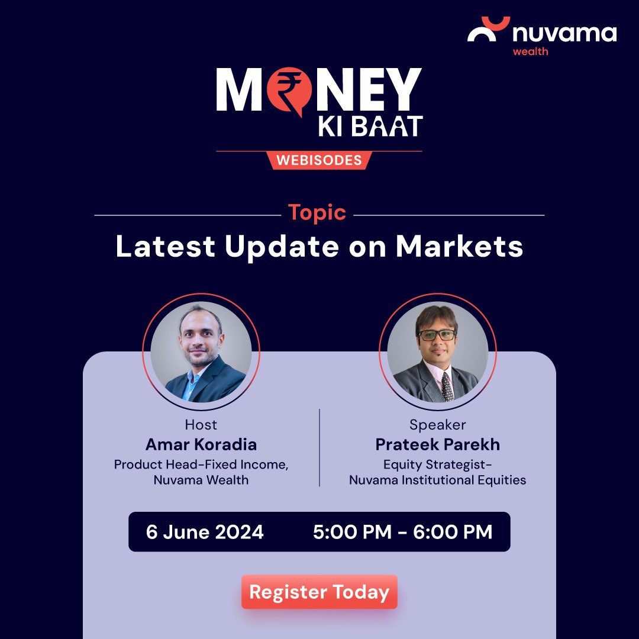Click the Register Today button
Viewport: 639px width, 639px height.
click(x=319, y=592)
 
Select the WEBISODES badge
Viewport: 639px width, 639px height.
click(x=319, y=160)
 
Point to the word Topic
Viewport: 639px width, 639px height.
click(x=317, y=212)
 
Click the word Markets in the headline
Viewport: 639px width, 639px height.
click(x=459, y=246)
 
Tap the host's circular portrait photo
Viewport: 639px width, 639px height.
click(x=201, y=352)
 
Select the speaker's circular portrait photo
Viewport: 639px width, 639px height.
click(x=437, y=352)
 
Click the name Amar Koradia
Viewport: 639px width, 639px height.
click(x=201, y=444)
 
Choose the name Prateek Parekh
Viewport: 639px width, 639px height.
click(x=437, y=444)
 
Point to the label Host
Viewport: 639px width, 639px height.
click(x=201, y=425)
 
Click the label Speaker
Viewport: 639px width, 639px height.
click(x=437, y=425)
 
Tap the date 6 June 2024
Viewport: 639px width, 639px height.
click(x=205, y=532)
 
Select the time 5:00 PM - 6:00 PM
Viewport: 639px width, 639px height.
click(x=402, y=532)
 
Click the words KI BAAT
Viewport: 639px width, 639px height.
click(x=370, y=127)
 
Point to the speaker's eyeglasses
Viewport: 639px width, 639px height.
click(x=437, y=335)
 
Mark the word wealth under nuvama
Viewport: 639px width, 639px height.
click(x=530, y=51)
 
